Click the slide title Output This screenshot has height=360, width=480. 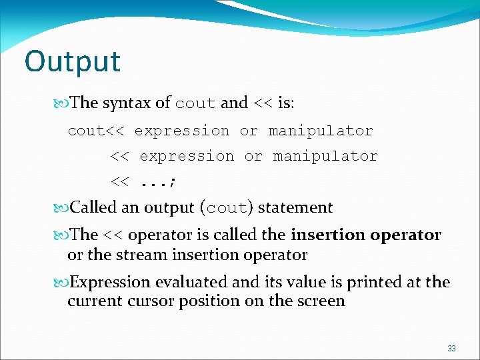73,62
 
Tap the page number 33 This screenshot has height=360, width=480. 451,349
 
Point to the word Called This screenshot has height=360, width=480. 94,207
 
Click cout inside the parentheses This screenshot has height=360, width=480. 227,208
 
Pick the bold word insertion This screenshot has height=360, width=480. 325,235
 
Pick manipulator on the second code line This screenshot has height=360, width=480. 325,156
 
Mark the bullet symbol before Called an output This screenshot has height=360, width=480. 63,208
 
